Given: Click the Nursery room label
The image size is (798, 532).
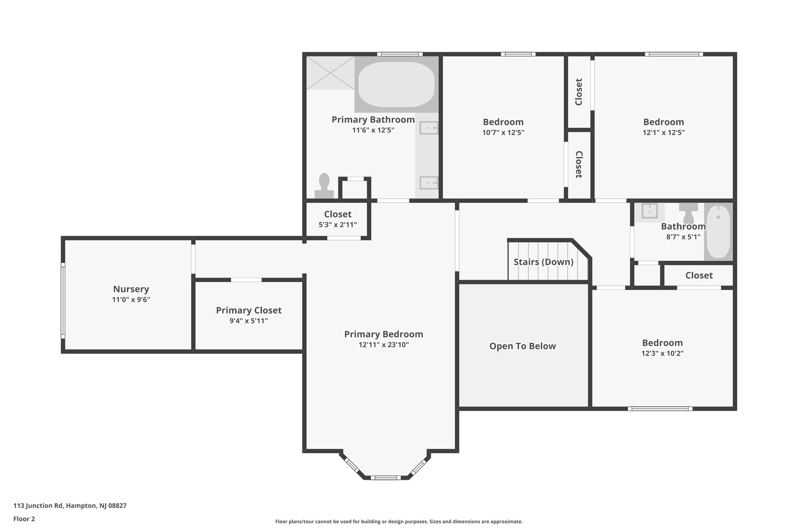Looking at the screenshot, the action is [x=131, y=289].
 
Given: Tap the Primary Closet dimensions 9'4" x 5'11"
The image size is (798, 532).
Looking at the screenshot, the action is [x=249, y=321].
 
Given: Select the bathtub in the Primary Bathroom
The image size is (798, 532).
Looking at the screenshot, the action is [x=396, y=85].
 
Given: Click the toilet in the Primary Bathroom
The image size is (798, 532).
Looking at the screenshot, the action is [x=324, y=186].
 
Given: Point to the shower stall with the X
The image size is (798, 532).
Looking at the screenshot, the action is [x=330, y=73].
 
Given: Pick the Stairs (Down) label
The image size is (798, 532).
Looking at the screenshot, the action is [x=543, y=262].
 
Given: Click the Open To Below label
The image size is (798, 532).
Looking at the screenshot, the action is [x=523, y=346].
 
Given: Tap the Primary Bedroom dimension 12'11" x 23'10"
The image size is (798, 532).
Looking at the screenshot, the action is [x=384, y=345].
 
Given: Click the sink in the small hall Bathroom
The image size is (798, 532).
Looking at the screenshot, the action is [x=650, y=211].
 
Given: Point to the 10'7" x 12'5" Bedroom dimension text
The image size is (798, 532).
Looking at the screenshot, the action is [x=503, y=133].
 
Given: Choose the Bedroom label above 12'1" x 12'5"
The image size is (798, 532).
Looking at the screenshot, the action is [x=664, y=122].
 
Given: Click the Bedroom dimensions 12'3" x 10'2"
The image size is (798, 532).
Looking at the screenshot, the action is [x=662, y=353].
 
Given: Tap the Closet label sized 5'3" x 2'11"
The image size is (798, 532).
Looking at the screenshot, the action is [x=338, y=214].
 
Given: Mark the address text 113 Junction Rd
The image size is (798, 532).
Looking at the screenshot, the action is [x=38, y=505].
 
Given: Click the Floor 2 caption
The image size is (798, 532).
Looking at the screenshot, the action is [x=24, y=519].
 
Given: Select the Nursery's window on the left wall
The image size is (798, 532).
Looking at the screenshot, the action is [x=63, y=301].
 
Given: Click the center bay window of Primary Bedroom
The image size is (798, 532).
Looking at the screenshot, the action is [x=385, y=477].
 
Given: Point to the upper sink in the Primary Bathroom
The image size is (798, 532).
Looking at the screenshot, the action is [x=429, y=128].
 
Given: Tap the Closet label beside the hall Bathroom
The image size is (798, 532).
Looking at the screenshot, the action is [x=699, y=276].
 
